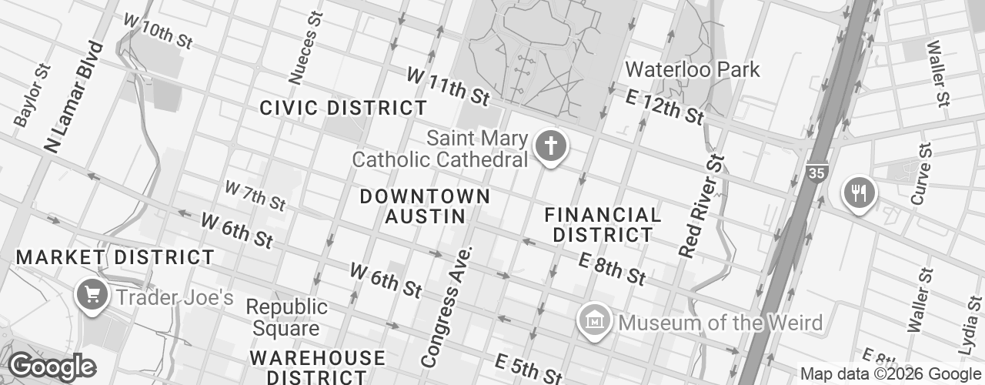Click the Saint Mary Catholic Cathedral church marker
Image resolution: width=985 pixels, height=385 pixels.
[x=550, y=146]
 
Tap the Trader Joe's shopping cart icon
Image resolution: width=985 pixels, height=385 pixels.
[x=92, y=294]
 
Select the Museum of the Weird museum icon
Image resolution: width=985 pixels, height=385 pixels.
[x=595, y=320]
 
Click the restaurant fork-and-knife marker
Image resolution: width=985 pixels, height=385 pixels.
[x=859, y=192]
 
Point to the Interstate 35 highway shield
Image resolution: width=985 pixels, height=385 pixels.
[x=816, y=173]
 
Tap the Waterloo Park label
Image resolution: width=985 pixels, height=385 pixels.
[x=692, y=69]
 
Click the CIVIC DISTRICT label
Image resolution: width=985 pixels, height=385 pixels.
[x=343, y=108]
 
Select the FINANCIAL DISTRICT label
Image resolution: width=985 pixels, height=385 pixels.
[x=603, y=224]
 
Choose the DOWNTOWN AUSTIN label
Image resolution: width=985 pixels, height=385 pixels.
[x=425, y=206]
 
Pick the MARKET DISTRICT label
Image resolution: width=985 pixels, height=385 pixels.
[x=115, y=256]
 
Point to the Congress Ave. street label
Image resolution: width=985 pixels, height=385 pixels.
[x=449, y=307]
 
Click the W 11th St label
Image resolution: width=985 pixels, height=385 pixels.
[x=448, y=86]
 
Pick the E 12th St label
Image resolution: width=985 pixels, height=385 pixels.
[x=665, y=105]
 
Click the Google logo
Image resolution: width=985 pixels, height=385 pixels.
[x=52, y=367]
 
